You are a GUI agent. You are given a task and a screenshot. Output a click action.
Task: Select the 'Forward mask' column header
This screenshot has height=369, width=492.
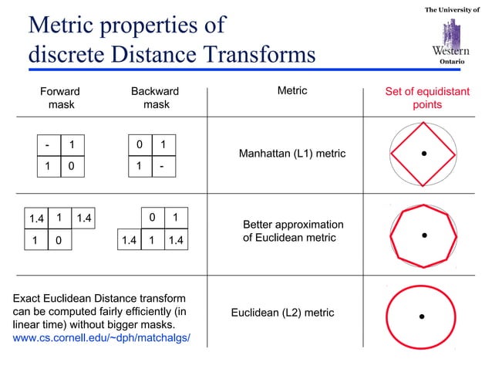tap(60, 97)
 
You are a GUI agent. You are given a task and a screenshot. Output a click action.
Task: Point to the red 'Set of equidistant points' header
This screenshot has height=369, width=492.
tap(426, 97)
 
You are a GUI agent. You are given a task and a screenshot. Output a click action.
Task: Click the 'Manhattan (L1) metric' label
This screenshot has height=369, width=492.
tap(292, 154)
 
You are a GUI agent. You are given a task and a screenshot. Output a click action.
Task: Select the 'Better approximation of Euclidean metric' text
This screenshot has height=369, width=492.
tap(293, 231)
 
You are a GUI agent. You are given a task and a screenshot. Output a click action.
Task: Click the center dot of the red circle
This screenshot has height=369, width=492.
tap(423, 316)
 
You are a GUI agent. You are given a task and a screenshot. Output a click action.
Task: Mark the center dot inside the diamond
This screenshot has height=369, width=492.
tap(423, 153)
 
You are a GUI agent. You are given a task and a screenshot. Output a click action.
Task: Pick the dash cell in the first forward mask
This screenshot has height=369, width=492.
tap(48, 144)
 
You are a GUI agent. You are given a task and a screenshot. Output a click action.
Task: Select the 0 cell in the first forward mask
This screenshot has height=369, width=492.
tap(72, 165)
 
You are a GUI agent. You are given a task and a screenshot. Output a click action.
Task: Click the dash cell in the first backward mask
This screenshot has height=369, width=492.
tap(162, 165)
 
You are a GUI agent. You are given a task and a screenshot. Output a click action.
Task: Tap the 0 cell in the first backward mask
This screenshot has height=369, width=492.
tap(139, 144)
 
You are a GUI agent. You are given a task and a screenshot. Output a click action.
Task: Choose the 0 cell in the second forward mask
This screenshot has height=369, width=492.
tap(58, 241)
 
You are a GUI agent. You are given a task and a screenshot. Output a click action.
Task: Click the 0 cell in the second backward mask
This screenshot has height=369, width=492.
tap(153, 218)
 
